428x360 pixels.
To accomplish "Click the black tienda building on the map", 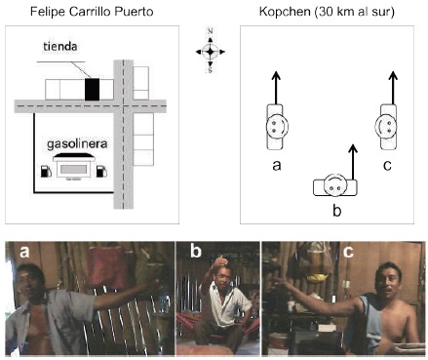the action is [92, 89].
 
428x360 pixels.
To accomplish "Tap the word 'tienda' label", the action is [60, 46].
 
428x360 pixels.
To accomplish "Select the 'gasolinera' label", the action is [77, 143].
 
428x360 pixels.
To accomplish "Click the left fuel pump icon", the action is [46, 171].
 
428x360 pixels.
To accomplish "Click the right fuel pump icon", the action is [101, 171].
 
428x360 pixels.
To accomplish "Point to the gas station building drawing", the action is [74, 166].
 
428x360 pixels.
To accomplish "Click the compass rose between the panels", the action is [211, 51].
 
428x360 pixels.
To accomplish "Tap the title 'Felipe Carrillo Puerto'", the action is [92, 12].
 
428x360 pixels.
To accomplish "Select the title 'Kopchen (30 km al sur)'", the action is [327, 12].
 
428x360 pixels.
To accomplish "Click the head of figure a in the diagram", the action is [277, 127].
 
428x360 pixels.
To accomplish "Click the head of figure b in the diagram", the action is [335, 184].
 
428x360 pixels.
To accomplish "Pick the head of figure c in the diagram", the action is [386, 127].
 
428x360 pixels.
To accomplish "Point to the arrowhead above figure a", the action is [276, 76].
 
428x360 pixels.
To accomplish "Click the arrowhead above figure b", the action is [353, 149].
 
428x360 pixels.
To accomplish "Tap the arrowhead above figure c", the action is [393, 76].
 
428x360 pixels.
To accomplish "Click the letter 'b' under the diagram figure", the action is [337, 211].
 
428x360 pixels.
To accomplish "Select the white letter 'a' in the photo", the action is [24, 252].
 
